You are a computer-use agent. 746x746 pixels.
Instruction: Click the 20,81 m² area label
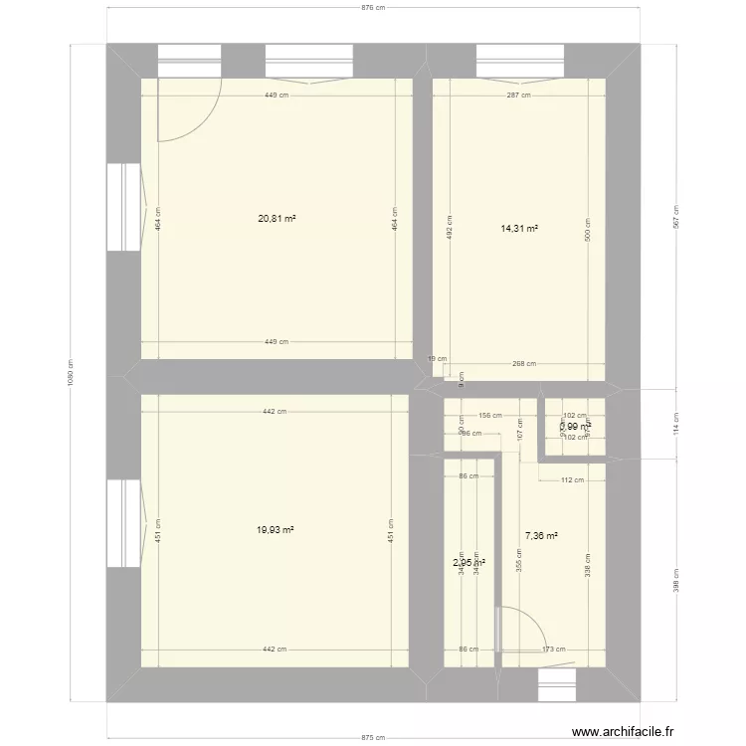(278, 219)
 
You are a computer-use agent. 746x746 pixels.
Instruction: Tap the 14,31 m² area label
(519, 228)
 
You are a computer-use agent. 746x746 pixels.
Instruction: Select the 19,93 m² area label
(275, 530)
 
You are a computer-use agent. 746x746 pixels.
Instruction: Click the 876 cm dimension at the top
(372, 7)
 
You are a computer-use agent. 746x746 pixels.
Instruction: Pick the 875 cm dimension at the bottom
(372, 738)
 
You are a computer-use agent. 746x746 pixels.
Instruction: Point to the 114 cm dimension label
(676, 425)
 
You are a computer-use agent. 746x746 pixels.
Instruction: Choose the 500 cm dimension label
(587, 231)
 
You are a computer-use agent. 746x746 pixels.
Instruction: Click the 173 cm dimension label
(554, 650)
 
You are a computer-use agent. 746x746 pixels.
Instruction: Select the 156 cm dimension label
(489, 417)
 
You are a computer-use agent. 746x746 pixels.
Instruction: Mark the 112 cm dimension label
(572, 480)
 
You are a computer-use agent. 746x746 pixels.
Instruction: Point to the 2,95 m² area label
(468, 562)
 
